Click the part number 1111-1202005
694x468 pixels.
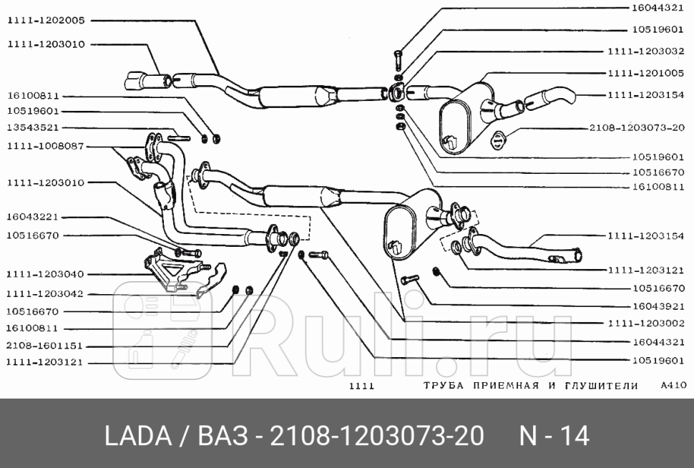pos(46,21)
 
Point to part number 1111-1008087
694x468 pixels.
pos(46,146)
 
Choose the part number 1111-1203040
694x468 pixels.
pos(46,274)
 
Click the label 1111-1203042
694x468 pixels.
pos(46,293)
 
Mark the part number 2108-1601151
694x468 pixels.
pos(46,345)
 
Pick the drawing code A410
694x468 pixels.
pos(674,385)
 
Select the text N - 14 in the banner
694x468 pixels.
pos(554,436)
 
